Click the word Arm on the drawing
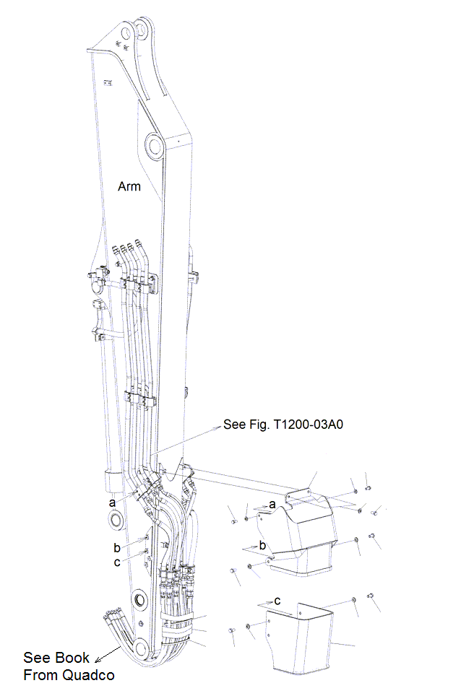click(x=129, y=186)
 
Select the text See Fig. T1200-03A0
click(x=283, y=425)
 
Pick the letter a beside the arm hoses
click(x=111, y=502)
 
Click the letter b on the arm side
click(x=116, y=547)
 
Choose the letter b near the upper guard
click(x=263, y=544)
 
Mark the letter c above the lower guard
click(x=277, y=600)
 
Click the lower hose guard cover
click(x=298, y=639)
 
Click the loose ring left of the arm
click(x=114, y=520)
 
